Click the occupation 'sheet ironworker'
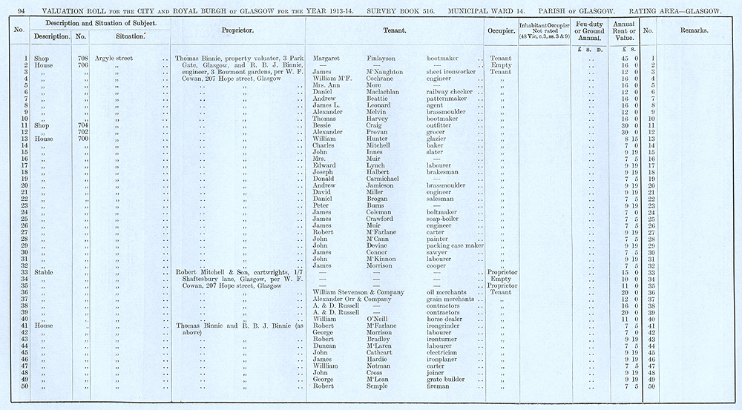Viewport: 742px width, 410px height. [x=453, y=71]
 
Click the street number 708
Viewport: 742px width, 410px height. [x=82, y=58]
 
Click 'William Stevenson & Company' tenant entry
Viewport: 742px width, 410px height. [x=358, y=292]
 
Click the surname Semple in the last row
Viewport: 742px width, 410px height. [x=379, y=386]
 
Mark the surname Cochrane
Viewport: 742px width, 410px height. [x=384, y=78]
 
